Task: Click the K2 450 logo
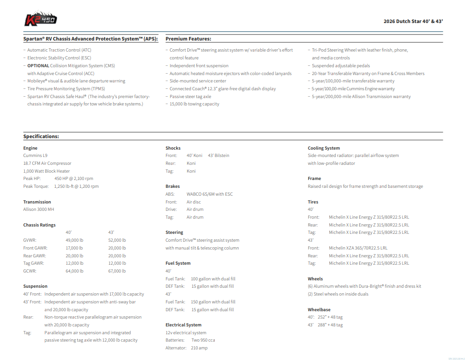tap(40, 20)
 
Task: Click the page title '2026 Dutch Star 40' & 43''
tap(413, 21)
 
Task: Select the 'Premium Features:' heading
tap(188, 39)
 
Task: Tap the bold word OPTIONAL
tap(38, 66)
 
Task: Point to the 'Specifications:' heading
tap(41, 137)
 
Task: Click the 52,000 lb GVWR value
tap(117, 240)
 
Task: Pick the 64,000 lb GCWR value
tap(75, 271)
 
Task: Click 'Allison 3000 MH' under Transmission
tap(39, 209)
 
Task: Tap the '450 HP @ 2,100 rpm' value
tap(74, 179)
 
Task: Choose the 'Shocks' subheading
tap(173, 148)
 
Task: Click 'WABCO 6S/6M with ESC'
tap(209, 194)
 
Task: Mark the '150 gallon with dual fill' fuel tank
tap(213, 302)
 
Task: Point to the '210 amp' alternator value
tap(199, 348)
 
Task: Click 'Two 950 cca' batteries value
tap(203, 340)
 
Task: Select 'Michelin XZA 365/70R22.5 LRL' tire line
tap(358, 248)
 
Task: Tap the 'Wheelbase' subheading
tap(319, 310)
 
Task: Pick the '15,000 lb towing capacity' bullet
tap(194, 104)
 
